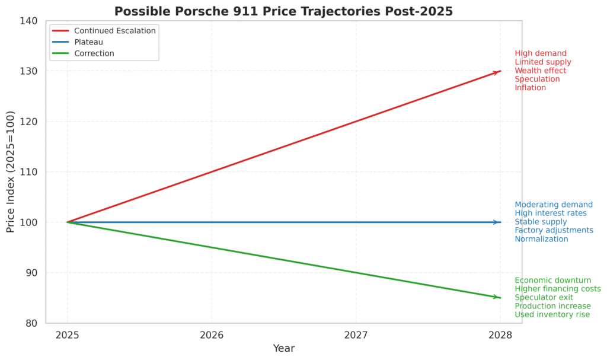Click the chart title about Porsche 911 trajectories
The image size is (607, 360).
283,11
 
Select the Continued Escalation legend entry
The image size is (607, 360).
115,31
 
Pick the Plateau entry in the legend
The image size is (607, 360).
89,42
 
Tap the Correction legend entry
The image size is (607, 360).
94,53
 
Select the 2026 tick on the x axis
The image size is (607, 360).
211,334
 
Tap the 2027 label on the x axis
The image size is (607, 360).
355,334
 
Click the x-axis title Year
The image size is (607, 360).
283,349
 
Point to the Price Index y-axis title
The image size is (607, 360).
11,172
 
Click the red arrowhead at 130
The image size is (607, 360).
499,71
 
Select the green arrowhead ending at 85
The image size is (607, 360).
499,298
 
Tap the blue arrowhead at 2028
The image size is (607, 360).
499,222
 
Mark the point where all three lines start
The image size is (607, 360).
67,222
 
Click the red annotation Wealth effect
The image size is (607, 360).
540,71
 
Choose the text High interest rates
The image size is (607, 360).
550,213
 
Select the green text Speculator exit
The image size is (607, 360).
544,297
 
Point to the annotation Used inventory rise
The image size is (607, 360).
552,314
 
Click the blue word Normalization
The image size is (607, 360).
541,239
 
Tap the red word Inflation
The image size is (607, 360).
530,88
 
